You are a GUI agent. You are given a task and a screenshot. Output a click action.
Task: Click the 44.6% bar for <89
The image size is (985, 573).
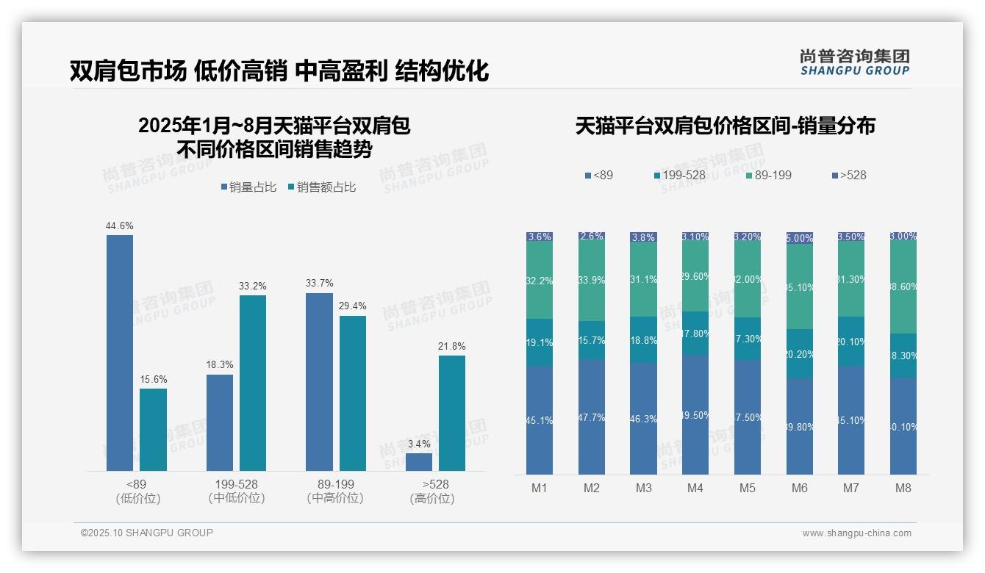[x=120, y=353]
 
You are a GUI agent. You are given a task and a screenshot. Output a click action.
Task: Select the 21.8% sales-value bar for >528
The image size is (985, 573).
[x=452, y=413]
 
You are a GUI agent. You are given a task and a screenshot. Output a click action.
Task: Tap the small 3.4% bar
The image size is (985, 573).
[x=419, y=462]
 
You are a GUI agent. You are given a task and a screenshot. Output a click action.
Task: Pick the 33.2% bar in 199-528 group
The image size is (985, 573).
[x=253, y=383]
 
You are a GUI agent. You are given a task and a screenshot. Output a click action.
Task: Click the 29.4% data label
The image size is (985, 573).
[x=352, y=306]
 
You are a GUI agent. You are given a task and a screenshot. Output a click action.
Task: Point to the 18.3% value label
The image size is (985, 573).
[x=220, y=364]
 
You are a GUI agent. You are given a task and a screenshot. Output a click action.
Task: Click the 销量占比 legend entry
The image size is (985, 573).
[x=248, y=187]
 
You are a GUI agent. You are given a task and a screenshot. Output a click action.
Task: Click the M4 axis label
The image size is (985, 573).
[x=695, y=489]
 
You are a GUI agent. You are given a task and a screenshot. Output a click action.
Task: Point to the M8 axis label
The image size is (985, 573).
[x=903, y=489]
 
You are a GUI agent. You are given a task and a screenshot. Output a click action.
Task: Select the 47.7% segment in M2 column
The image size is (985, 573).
[x=592, y=417]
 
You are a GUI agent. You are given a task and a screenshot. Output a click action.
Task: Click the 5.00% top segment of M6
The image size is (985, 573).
[x=800, y=238]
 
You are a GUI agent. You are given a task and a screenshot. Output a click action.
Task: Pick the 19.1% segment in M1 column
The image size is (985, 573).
[x=540, y=342]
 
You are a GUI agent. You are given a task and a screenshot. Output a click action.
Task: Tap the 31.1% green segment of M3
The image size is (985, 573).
[x=643, y=279]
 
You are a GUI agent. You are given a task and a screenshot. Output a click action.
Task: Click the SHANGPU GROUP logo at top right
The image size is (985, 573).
[x=855, y=62]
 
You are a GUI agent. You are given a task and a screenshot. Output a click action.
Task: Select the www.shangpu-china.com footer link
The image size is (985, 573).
[x=856, y=533]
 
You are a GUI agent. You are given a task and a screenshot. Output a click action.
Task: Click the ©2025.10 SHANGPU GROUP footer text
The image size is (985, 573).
[x=147, y=533]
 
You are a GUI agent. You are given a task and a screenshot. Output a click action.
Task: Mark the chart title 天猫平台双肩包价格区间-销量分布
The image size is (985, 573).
[x=726, y=126]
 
